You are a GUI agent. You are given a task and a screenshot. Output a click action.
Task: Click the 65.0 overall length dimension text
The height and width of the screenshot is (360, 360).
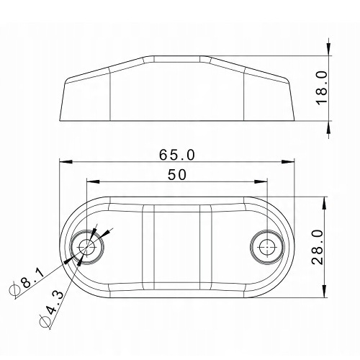tap(177, 155)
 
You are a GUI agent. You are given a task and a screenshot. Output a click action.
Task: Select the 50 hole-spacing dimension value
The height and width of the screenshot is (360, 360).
tap(177, 174)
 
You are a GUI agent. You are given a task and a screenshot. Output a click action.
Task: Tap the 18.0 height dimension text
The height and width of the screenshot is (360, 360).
tap(322, 88)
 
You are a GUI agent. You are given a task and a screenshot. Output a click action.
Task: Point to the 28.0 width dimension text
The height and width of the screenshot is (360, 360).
tap(318, 247)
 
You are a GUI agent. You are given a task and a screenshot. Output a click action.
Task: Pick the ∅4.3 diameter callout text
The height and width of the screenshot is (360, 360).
tap(51, 309)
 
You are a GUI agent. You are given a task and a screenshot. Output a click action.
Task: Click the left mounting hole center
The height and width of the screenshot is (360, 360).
tap(86, 247)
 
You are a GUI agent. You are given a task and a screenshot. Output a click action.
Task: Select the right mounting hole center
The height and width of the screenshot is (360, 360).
tap(267, 247)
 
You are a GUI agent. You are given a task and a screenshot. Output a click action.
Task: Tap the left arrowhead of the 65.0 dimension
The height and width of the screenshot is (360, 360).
tap(66, 161)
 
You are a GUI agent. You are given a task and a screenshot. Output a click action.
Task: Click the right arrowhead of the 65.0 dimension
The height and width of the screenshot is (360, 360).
tap(288, 161)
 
